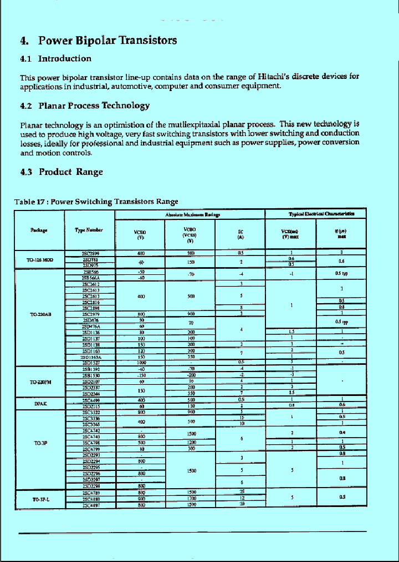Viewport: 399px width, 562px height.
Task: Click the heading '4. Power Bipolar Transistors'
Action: pyautogui.click(x=99, y=41)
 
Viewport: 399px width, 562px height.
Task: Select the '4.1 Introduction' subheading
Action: pyautogui.click(x=56, y=59)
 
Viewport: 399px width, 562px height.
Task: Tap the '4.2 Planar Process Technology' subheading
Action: pyautogui.click(x=85, y=106)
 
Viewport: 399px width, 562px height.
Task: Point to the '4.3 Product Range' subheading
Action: pyautogui.click(x=62, y=172)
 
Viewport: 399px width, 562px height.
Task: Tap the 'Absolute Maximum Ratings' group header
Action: pyautogui.click(x=192, y=214)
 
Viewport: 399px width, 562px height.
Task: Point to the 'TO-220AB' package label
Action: pyautogui.click(x=40, y=315)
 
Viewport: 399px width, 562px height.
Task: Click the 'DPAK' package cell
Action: pyautogui.click(x=40, y=404)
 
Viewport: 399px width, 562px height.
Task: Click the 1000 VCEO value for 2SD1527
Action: pyautogui.click(x=141, y=363)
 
